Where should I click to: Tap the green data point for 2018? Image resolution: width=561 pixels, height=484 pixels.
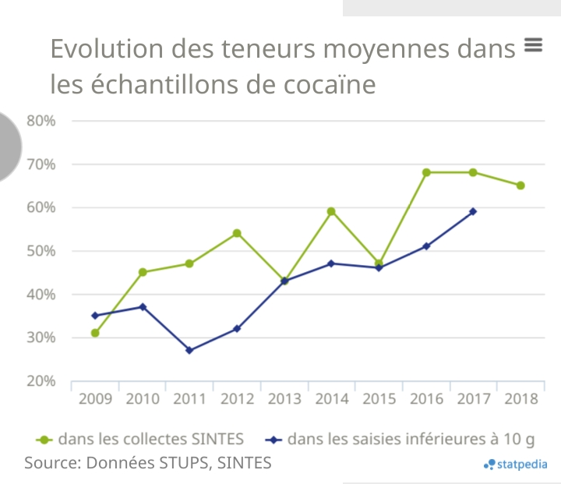[520, 185]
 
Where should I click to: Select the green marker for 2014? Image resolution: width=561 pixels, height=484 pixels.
[331, 211]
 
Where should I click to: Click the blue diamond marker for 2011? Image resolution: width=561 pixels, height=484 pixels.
[189, 350]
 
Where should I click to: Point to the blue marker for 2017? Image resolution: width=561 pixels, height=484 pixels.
[473, 211]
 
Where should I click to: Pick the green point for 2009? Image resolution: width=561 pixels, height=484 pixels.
[95, 333]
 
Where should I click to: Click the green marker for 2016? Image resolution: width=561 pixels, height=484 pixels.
[426, 172]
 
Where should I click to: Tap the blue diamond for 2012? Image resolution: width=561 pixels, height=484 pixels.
[237, 329]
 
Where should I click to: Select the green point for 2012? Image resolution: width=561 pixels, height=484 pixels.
[237, 233]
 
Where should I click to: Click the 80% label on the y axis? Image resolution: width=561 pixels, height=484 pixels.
[41, 121]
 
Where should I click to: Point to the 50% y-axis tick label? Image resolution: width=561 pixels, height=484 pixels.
[41, 251]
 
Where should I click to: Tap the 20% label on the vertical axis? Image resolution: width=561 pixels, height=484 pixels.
[41, 381]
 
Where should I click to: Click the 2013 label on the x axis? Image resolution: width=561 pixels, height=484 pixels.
[284, 399]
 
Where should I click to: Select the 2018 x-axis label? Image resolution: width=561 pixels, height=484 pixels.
[521, 399]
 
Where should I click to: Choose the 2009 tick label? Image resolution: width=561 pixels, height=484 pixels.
[95, 399]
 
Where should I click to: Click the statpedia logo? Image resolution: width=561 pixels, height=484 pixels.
[515, 465]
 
